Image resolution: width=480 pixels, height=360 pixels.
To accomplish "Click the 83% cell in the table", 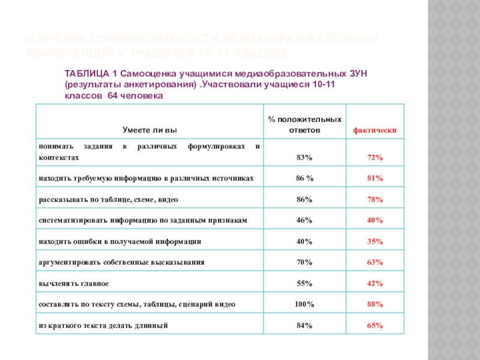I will (304, 157).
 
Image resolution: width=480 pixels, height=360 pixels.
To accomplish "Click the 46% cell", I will (304, 220).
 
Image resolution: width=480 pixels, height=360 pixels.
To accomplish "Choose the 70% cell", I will (304, 262).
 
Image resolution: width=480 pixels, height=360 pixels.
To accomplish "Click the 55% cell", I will (304, 283).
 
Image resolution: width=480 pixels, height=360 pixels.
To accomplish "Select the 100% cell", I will (304, 304).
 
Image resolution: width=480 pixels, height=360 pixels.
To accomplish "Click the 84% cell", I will (304, 325).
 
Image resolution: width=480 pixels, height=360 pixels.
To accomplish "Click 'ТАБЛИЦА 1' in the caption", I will (87, 73).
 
